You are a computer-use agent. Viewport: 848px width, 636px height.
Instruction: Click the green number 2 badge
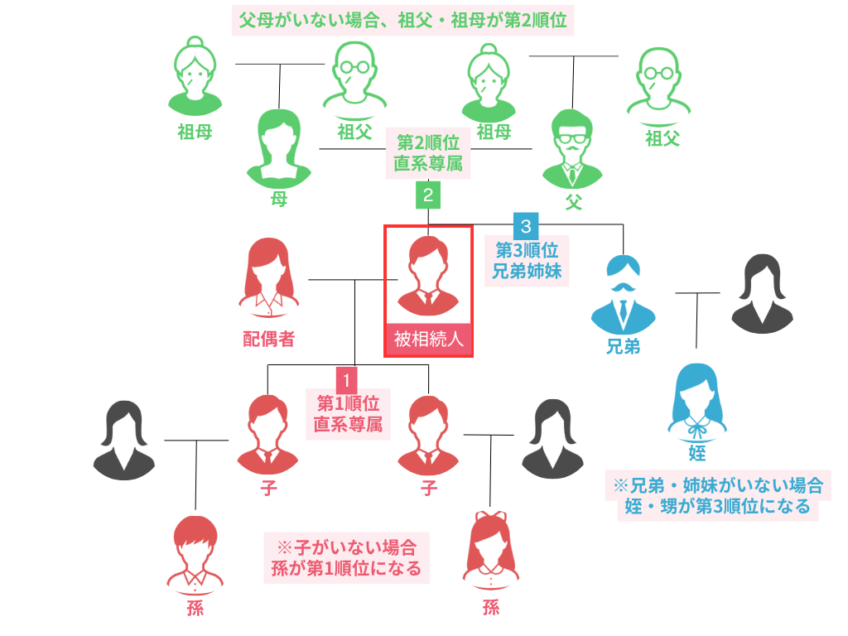click(x=428, y=195)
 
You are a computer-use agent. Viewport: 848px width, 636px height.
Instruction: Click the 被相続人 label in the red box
click(x=428, y=340)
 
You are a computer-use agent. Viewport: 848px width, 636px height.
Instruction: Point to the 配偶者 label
click(x=268, y=338)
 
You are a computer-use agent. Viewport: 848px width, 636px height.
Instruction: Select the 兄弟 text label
click(x=623, y=346)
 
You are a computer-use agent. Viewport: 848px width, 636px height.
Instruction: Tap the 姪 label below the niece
click(x=696, y=452)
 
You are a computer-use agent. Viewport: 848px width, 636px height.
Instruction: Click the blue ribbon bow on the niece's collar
click(x=697, y=429)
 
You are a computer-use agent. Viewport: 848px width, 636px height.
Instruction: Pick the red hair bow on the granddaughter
click(x=491, y=521)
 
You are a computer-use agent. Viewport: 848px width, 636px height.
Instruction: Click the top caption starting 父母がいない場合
click(x=402, y=20)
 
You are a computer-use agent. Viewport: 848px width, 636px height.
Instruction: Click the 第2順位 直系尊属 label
click(x=428, y=152)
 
